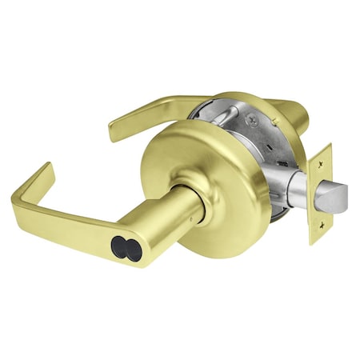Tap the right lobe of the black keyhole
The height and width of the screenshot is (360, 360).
click(133, 250)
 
